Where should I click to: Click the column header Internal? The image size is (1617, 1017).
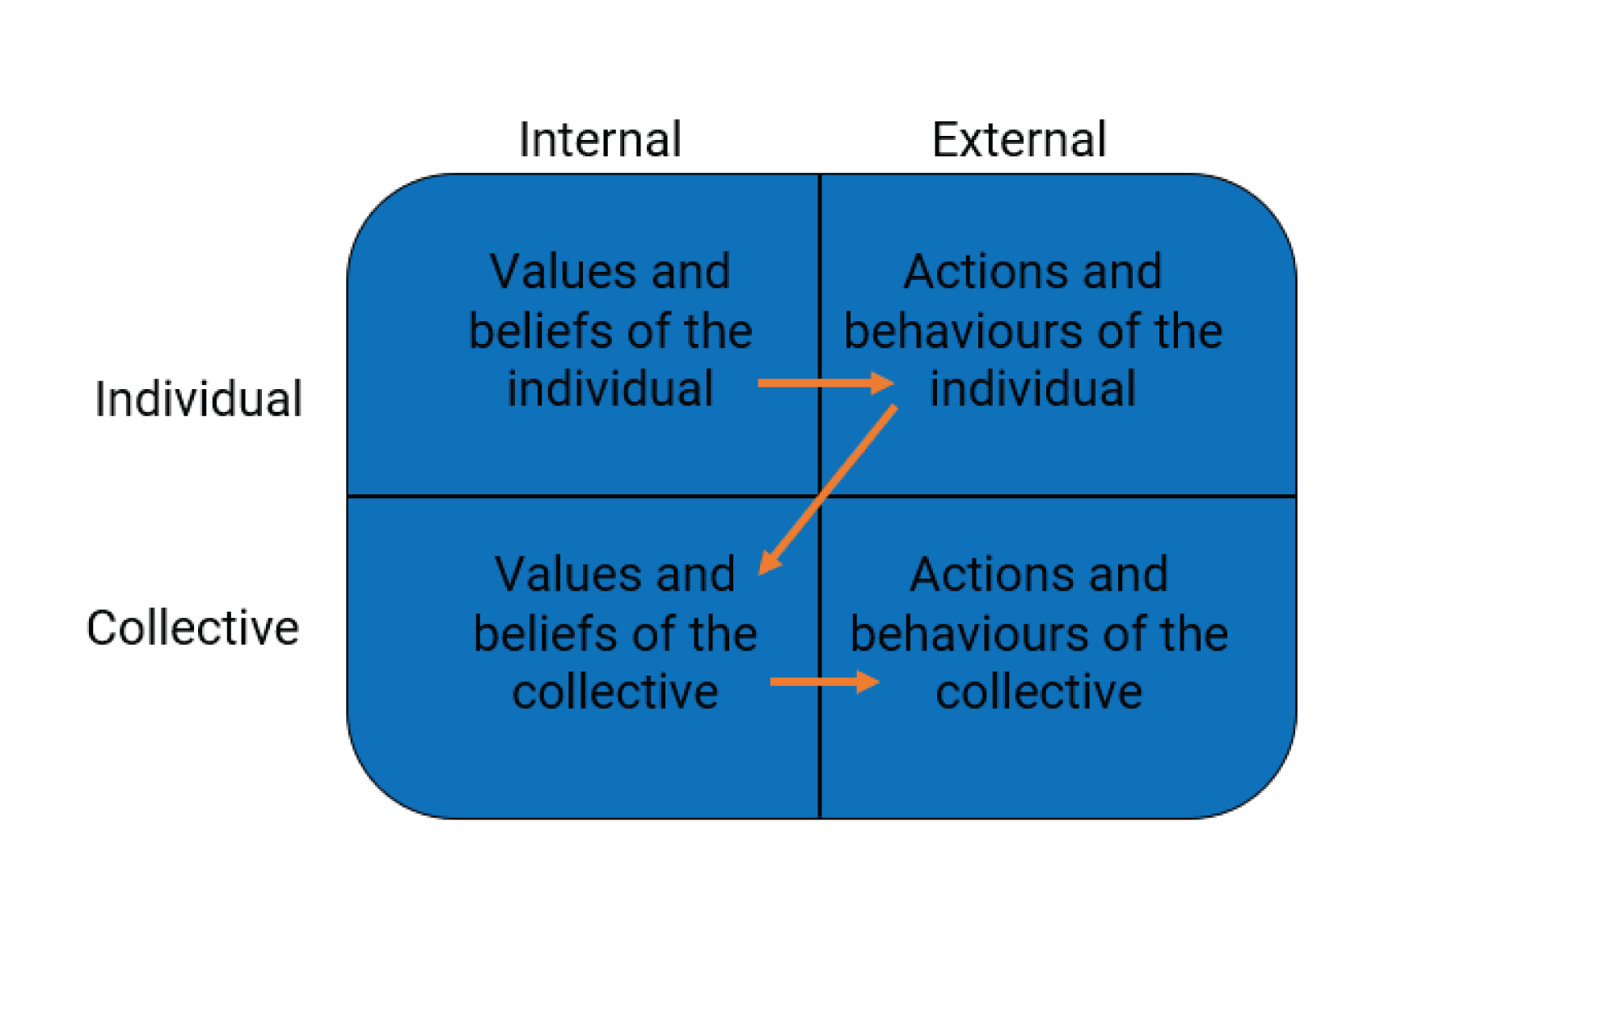[x=600, y=140]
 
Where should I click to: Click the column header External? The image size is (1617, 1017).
[x=1019, y=140]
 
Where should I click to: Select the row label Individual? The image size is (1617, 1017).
[x=198, y=399]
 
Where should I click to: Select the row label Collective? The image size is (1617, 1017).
[x=192, y=628]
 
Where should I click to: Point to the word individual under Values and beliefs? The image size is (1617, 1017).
[x=610, y=388]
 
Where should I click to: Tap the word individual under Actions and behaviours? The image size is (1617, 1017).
[x=1032, y=388]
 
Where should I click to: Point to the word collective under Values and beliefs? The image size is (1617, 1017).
[x=615, y=692]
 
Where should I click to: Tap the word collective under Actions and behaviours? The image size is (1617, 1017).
[x=1039, y=692]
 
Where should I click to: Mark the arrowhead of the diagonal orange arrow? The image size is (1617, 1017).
[x=768, y=563]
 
